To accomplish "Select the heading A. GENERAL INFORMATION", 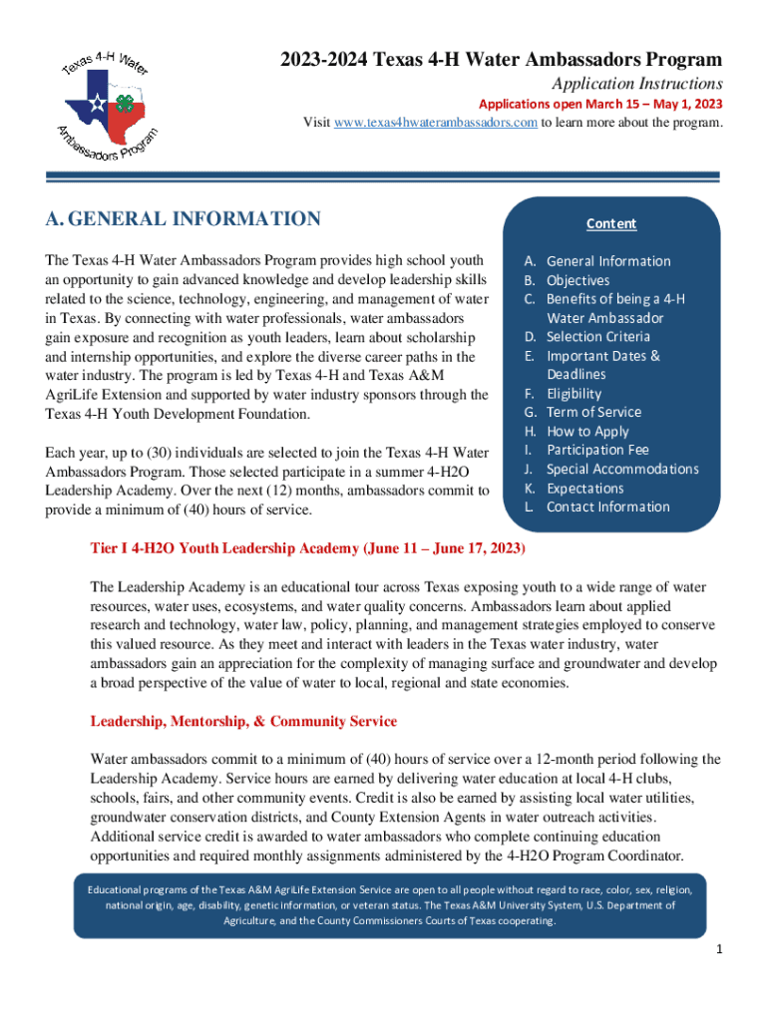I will coord(183,219).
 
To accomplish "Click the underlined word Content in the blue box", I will coord(611,224).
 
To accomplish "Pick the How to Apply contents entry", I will coord(587,432).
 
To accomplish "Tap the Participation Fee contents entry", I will coord(597,451).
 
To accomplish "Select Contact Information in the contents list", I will coord(607,508).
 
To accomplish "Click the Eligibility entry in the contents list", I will coord(574,394).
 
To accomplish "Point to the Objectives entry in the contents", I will coord(577,281).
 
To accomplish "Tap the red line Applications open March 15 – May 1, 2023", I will coord(600,105).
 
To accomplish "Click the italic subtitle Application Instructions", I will coord(637,84).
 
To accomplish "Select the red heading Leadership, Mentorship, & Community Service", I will coord(243,721).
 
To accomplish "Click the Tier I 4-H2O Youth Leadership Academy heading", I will coord(307,549).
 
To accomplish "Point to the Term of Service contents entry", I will coord(593,413).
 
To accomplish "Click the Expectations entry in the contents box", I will coord(584,489).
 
